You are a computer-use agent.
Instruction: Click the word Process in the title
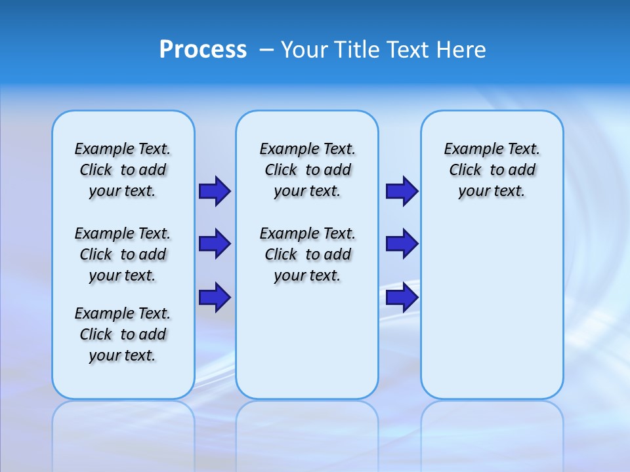pos(203,50)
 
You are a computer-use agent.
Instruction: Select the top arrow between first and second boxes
pos(215,191)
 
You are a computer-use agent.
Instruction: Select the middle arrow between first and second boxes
pos(215,244)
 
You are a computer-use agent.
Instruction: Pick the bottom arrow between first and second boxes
pos(215,298)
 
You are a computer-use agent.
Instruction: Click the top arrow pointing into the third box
pos(402,191)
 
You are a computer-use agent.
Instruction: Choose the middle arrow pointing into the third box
pos(402,244)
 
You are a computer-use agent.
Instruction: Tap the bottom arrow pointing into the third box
pos(402,298)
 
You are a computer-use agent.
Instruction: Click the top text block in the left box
pos(123,170)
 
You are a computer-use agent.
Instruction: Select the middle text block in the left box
pos(123,254)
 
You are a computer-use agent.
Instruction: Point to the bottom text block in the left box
pos(123,334)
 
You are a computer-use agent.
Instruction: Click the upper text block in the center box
pos(307,170)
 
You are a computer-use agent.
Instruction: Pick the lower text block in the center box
pos(307,254)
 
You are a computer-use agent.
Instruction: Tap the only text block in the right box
pos(492,170)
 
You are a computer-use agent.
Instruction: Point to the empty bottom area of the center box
pos(307,341)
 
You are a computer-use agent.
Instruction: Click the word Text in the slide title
pos(409,50)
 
